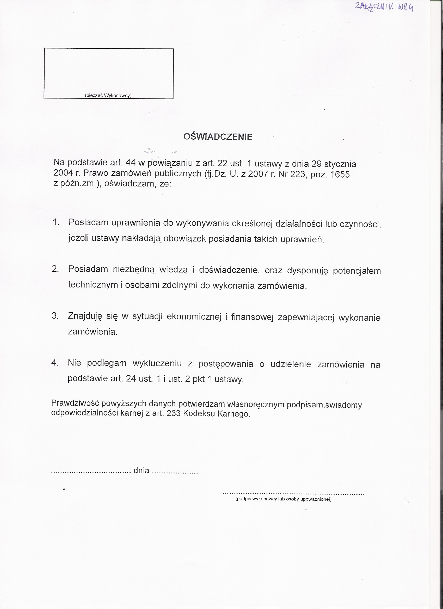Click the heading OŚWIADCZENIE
click(218, 137)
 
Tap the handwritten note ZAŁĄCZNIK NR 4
click(384, 7)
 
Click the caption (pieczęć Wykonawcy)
click(108, 96)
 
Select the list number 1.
click(56, 222)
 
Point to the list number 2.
click(55, 269)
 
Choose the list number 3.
click(55, 315)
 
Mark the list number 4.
click(54, 363)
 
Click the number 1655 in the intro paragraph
click(340, 175)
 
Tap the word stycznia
click(340, 164)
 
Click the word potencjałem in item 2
click(357, 271)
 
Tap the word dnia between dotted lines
click(141, 470)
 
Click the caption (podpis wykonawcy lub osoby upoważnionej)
click(284, 499)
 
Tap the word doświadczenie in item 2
click(229, 270)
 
